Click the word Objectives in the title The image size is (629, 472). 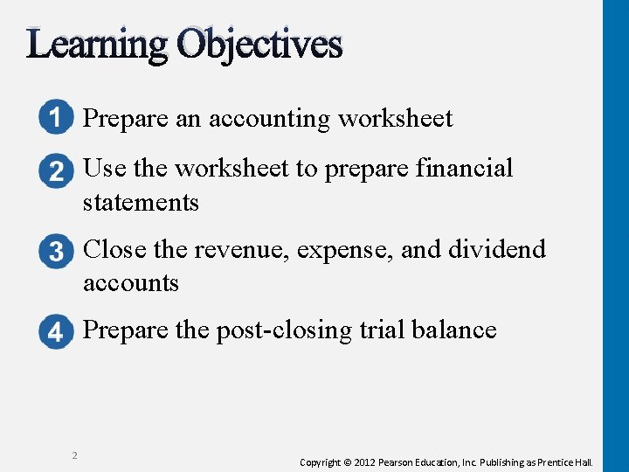259,44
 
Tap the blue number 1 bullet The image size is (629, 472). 56,119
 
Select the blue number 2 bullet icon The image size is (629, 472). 56,170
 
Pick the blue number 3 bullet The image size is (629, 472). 56,252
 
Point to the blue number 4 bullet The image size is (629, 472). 56,332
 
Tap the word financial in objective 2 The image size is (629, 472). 462,168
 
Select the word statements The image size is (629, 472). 141,203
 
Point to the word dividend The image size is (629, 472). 497,249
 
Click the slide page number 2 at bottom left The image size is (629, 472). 74,455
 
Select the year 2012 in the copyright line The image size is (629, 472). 366,462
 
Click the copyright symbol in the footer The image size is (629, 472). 347,462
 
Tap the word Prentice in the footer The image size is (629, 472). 557,462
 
